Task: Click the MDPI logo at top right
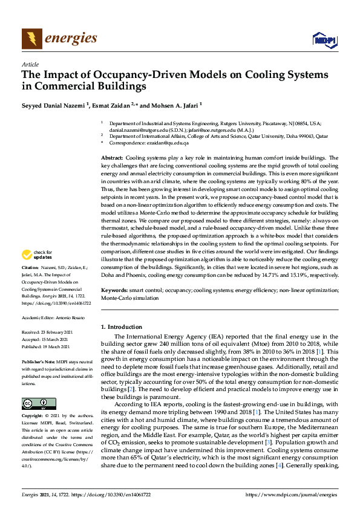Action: point(324,40)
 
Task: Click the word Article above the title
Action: point(30,64)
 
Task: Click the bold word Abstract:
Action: point(113,157)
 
